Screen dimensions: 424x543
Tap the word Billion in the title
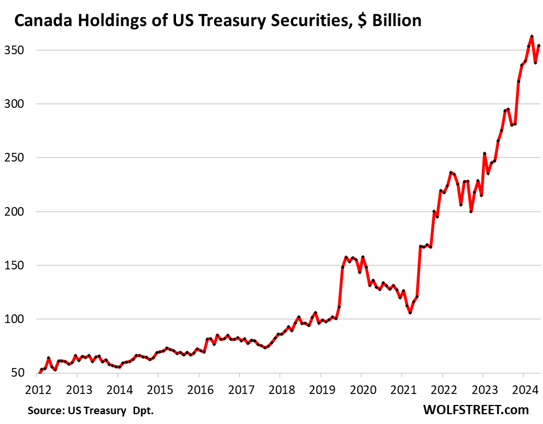[395, 22]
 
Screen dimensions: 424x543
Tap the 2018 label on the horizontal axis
[280, 388]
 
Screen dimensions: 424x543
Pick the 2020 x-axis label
[361, 388]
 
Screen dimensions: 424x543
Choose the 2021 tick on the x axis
[402, 388]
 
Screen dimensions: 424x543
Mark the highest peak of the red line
[531, 36]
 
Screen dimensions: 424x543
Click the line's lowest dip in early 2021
[410, 313]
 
